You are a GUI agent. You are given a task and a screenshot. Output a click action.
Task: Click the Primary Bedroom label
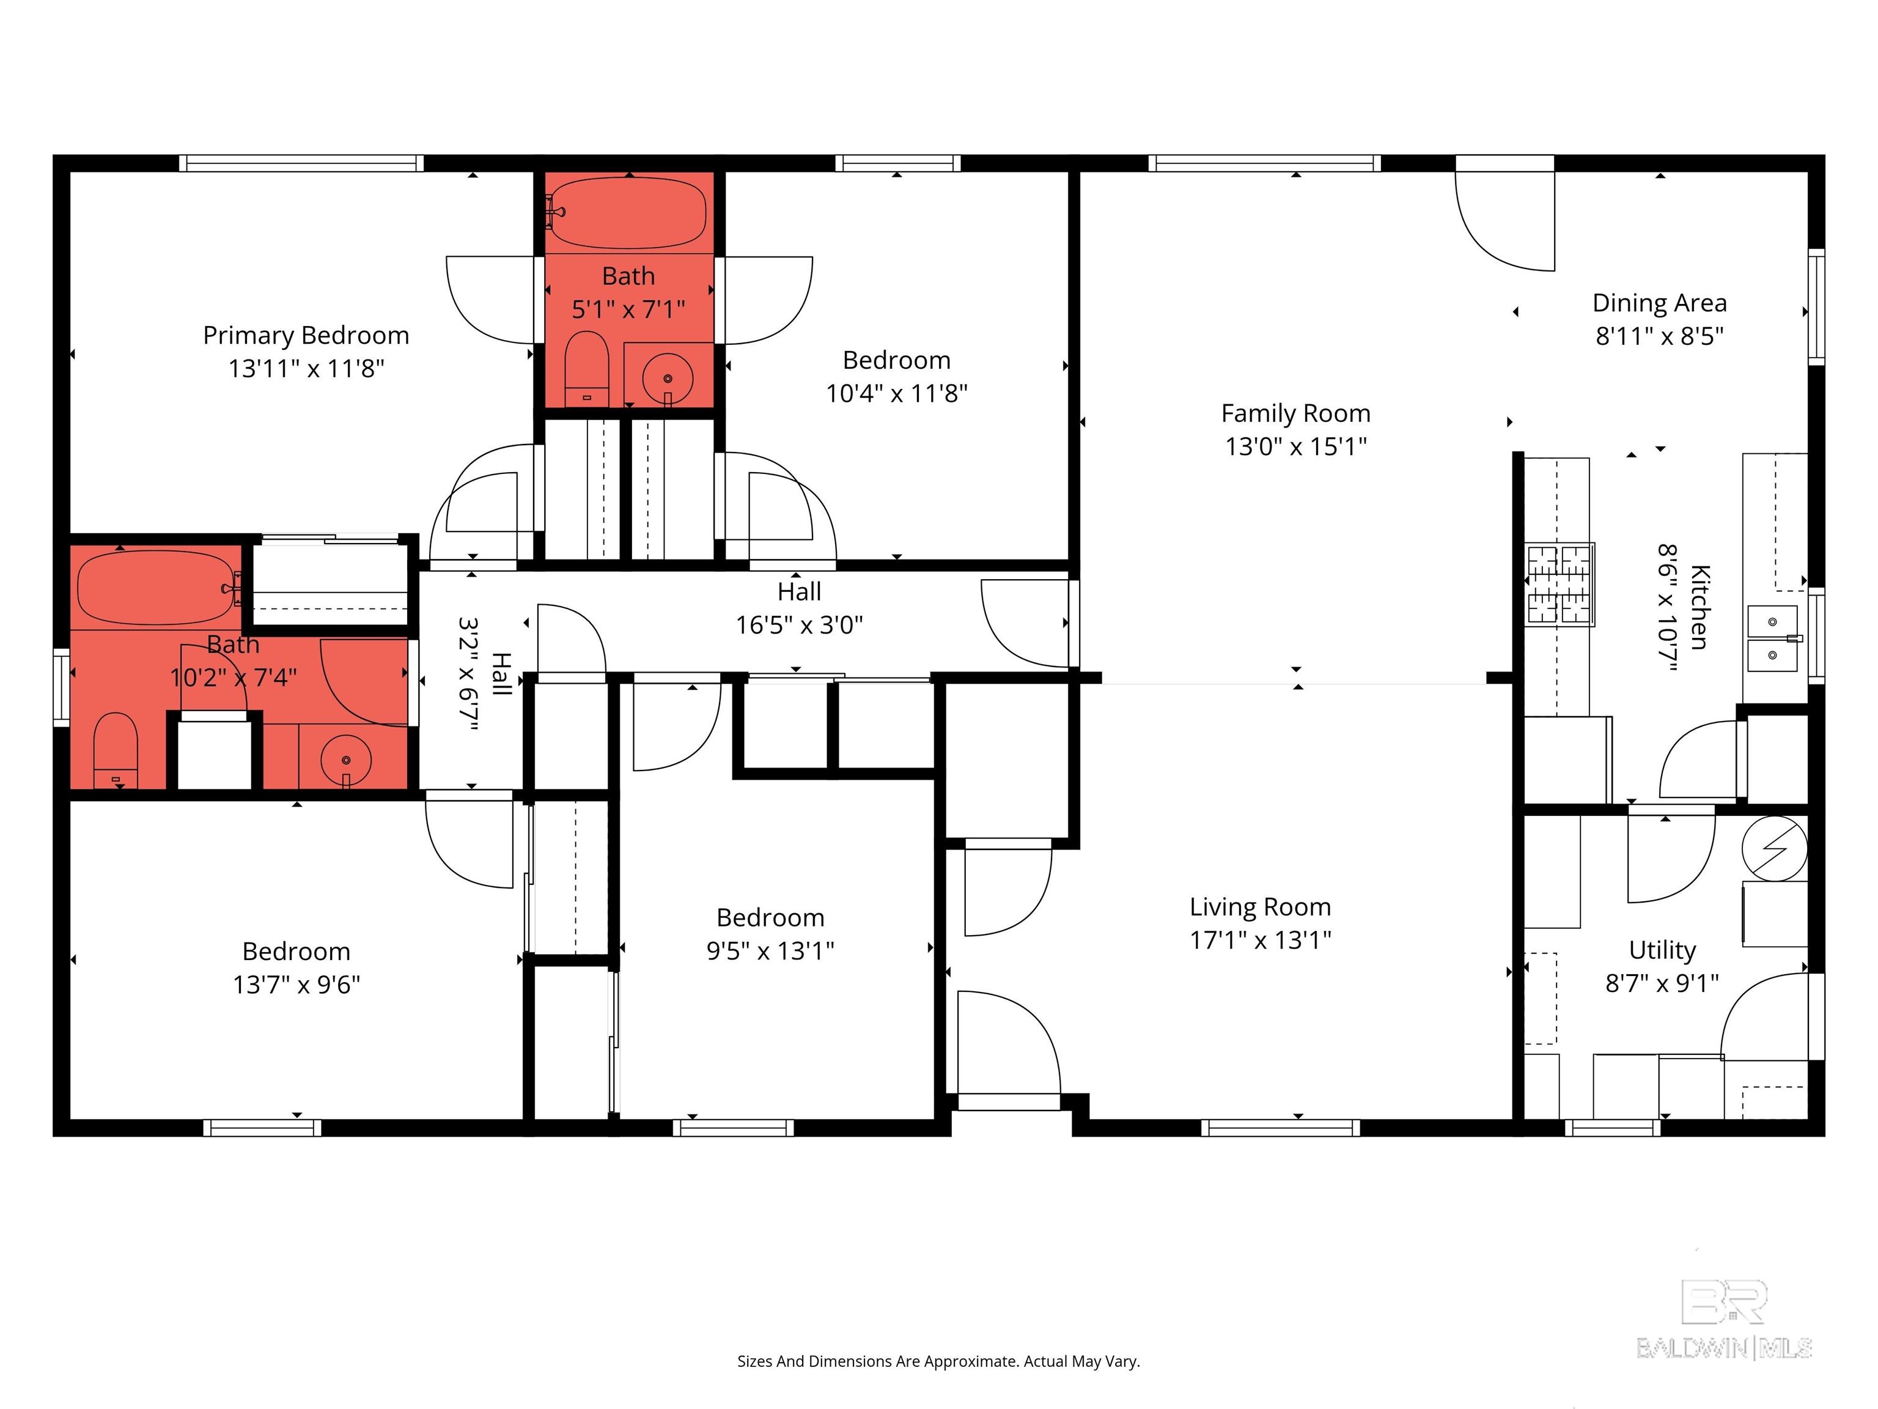coord(306,336)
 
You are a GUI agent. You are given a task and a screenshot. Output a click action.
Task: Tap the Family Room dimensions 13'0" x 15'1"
coord(1295,446)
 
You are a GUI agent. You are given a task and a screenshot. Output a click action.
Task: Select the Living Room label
coord(1260,907)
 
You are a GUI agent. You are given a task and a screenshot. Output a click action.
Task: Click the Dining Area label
coord(1659,303)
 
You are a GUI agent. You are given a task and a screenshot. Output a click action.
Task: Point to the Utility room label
coord(1662,950)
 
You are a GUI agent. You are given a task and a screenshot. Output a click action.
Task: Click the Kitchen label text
coord(1699,607)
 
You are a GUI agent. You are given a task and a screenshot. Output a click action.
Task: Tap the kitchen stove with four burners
coord(1559,584)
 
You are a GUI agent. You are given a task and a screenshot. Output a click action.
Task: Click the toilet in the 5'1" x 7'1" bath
coord(587,371)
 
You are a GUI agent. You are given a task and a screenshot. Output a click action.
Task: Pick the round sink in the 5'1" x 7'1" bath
coord(668,379)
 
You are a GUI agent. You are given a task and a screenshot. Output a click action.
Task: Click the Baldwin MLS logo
coord(1725,1319)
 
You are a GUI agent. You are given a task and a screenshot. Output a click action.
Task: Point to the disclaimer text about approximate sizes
coord(938,1361)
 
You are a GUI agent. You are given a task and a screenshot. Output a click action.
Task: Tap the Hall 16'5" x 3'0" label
coord(799,608)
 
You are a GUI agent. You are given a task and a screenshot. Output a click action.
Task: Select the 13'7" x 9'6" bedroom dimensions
coord(296,985)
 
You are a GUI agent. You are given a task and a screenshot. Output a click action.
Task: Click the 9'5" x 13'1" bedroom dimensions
coord(770,950)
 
